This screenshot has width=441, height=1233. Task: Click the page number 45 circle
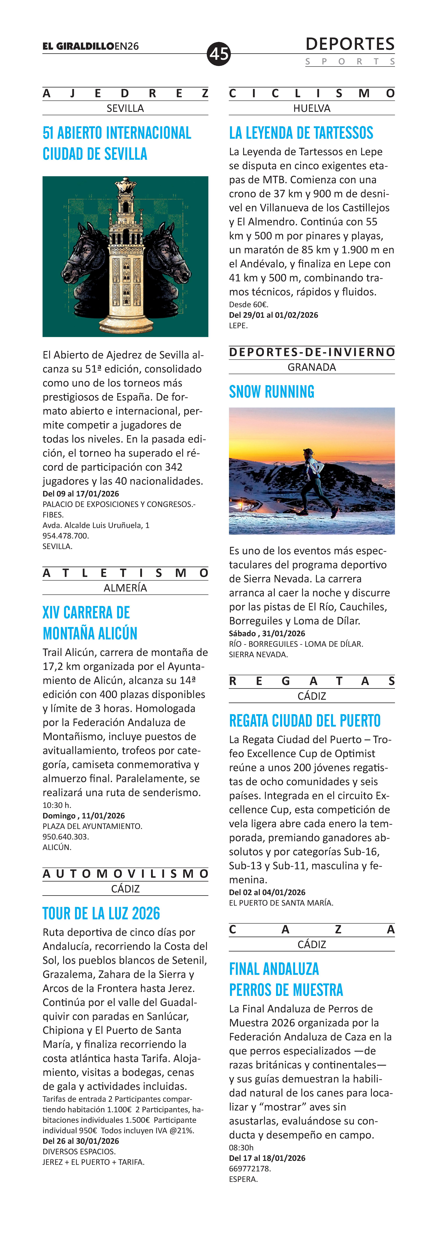coord(219,54)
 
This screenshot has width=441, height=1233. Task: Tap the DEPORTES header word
coord(350,45)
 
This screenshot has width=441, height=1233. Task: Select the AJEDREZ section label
coord(125,93)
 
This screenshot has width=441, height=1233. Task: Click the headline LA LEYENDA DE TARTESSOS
coord(301,133)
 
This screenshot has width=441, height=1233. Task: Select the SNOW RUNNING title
coord(272,392)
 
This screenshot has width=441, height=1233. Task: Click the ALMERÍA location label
coord(125,588)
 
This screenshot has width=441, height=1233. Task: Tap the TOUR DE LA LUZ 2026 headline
coord(101,914)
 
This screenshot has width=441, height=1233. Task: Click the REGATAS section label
coord(312,681)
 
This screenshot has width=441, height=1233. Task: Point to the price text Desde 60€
coord(248,304)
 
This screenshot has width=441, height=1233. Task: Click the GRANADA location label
coord(312,367)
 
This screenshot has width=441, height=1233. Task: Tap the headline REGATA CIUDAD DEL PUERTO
coord(305,721)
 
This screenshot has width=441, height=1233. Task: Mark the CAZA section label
coord(312,930)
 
